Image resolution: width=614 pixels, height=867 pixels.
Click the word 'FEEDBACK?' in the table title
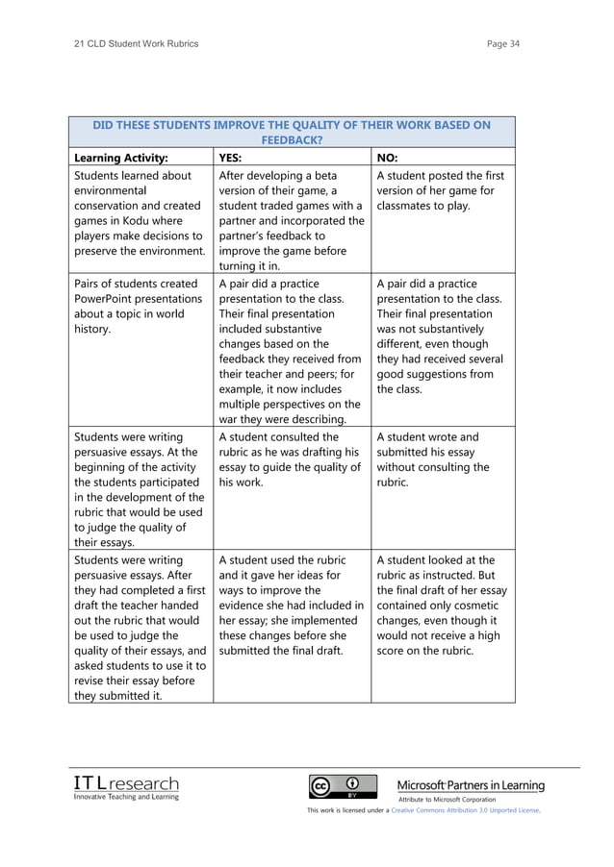pos(291,139)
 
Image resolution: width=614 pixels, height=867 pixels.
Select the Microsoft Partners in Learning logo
pos(471,785)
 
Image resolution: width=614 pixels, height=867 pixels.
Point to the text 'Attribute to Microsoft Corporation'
pos(448,799)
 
